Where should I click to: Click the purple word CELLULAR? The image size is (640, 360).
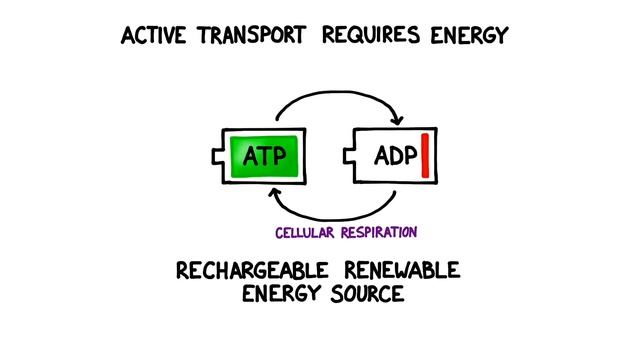[308, 232]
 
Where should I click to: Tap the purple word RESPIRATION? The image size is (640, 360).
[380, 232]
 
